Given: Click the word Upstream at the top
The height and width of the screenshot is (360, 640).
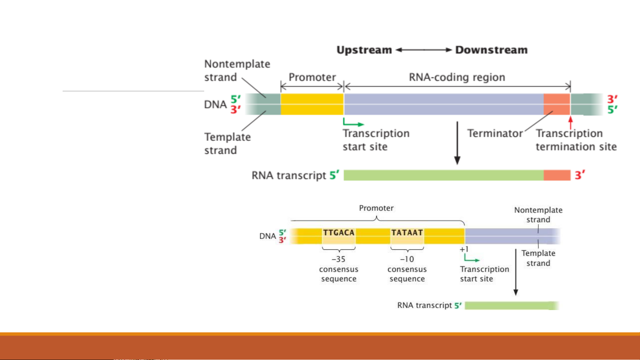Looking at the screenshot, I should tap(364, 50).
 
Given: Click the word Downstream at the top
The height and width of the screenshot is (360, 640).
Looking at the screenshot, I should tap(491, 50).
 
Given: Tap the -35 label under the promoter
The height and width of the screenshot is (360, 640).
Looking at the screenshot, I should tap(338, 259).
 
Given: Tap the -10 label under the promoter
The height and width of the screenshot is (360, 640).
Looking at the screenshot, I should tap(407, 259).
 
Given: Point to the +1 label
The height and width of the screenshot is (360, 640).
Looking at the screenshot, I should tap(464, 249).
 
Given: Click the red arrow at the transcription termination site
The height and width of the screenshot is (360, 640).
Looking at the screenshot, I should tap(570, 122).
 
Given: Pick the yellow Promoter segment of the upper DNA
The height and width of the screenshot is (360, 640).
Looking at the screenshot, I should tap(312, 104).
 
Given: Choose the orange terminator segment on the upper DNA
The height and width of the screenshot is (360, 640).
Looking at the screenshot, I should tap(557, 104).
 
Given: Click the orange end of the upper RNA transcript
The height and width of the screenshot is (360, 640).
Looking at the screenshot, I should tap(557, 175).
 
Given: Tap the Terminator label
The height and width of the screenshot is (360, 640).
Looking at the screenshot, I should tap(495, 134).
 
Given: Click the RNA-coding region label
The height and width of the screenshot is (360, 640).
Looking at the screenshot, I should tap(457, 77).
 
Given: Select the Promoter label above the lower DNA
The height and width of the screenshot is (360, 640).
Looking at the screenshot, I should tap(376, 208).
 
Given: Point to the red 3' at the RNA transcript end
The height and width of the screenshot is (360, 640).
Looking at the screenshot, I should tap(580, 175).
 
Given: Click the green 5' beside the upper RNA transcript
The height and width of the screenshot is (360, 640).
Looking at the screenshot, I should tap(334, 175).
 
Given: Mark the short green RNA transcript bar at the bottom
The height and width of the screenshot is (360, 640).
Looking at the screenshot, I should tap(511, 306).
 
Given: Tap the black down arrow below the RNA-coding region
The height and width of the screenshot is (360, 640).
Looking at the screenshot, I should tap(457, 143).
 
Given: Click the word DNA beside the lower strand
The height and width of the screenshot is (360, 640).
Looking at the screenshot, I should tap(268, 236).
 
